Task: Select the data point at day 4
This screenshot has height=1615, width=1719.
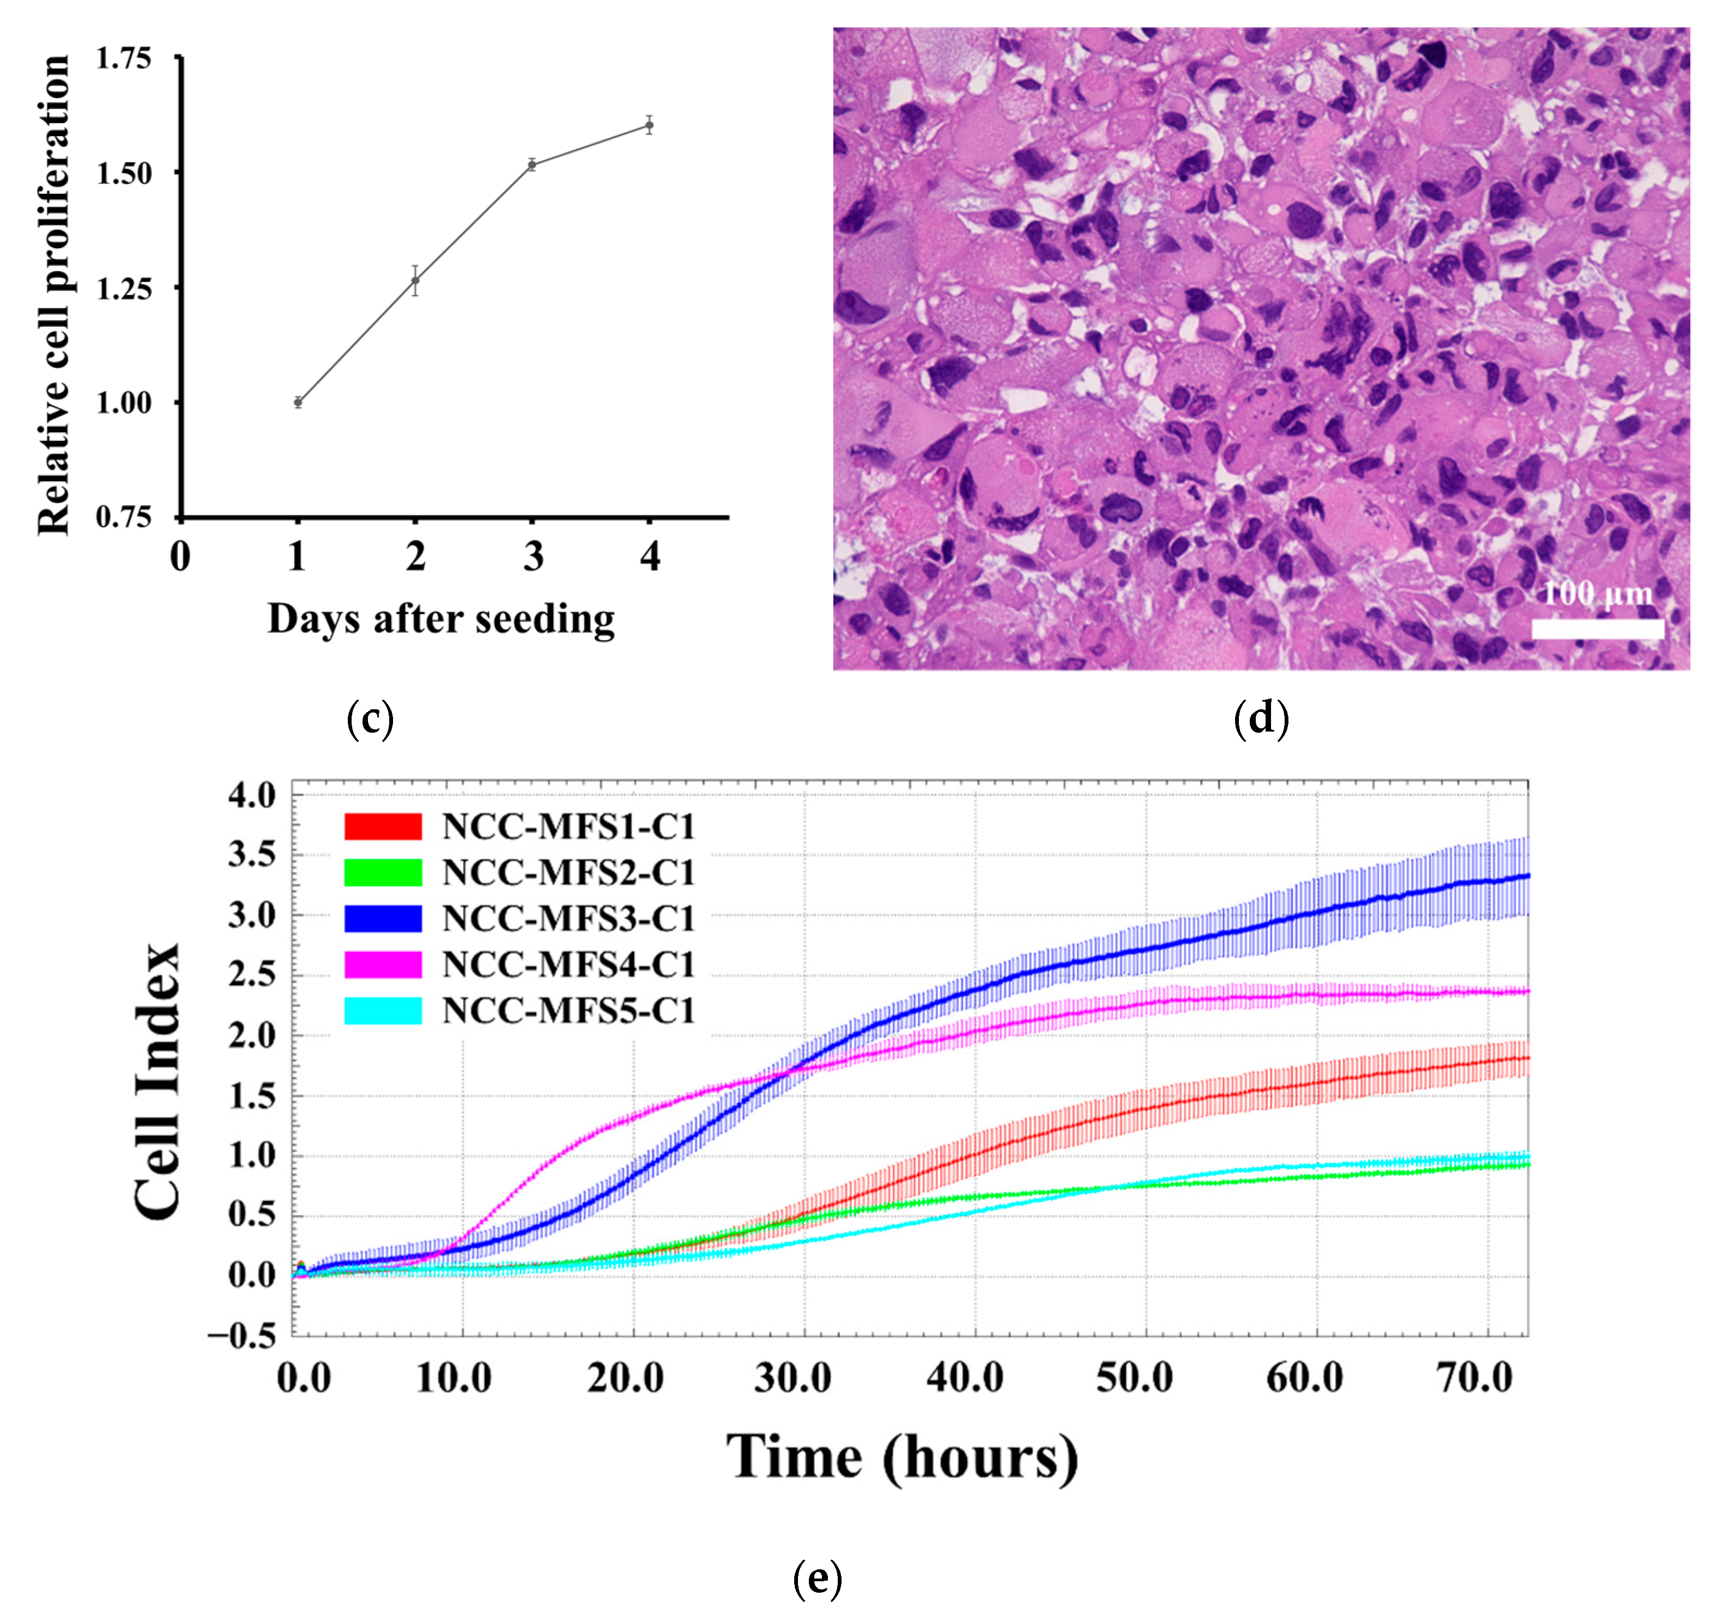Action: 649,125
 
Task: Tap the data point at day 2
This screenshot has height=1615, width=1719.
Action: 415,281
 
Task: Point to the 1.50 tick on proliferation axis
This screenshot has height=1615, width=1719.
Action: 124,174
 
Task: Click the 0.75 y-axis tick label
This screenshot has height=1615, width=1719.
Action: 124,517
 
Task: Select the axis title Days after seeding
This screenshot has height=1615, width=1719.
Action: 441,619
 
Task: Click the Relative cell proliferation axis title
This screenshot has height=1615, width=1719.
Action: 53,295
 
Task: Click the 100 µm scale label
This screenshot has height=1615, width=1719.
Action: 1597,594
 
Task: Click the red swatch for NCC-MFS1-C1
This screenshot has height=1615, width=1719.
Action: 383,826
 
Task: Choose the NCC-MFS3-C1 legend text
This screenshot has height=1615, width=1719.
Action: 569,918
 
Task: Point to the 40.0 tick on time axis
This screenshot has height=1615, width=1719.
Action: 965,1377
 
